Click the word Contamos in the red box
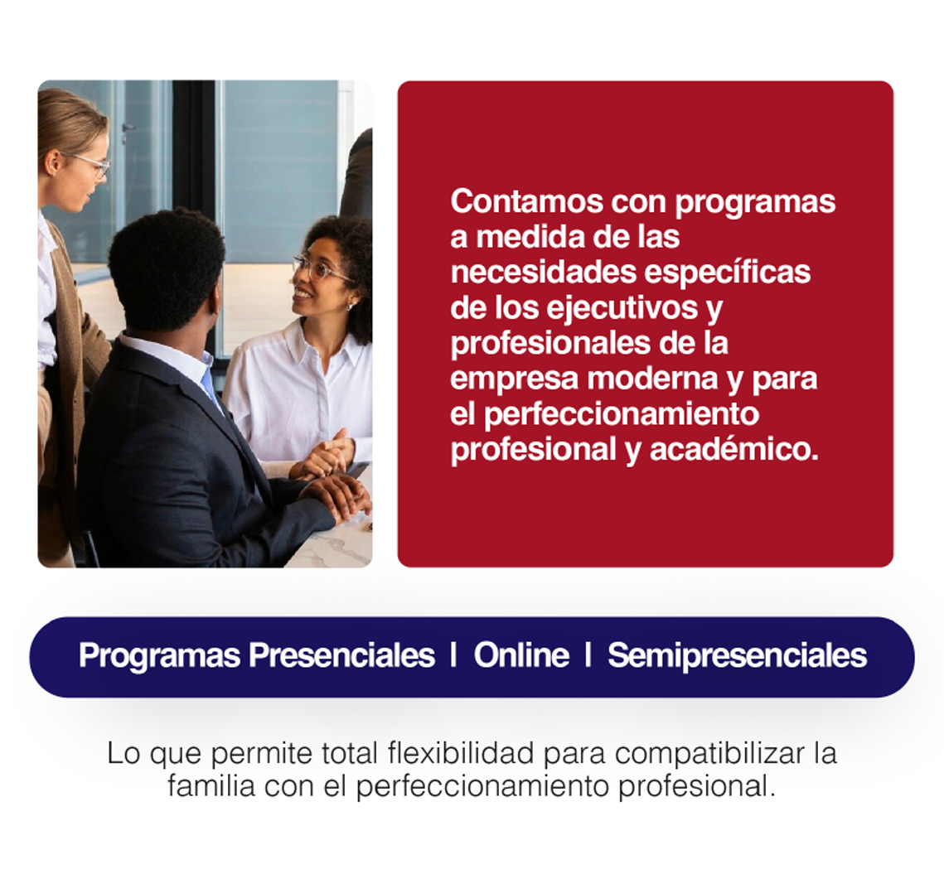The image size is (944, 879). click(x=527, y=201)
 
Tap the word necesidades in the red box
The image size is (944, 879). click(x=544, y=272)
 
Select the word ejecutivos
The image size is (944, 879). click(x=622, y=308)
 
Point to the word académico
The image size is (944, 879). click(x=734, y=449)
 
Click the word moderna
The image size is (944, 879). click(x=652, y=379)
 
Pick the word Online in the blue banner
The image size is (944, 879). click(x=521, y=655)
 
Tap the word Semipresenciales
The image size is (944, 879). click(x=738, y=656)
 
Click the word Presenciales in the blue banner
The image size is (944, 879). click(x=342, y=655)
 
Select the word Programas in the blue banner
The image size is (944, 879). click(x=159, y=656)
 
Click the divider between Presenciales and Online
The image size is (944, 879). click(x=453, y=655)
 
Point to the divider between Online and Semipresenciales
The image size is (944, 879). click(x=588, y=655)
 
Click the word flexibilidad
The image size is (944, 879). click(x=461, y=753)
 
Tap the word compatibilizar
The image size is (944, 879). click(x=709, y=754)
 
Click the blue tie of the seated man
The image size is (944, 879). click(x=211, y=387)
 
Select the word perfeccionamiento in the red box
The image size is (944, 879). click(x=622, y=414)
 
